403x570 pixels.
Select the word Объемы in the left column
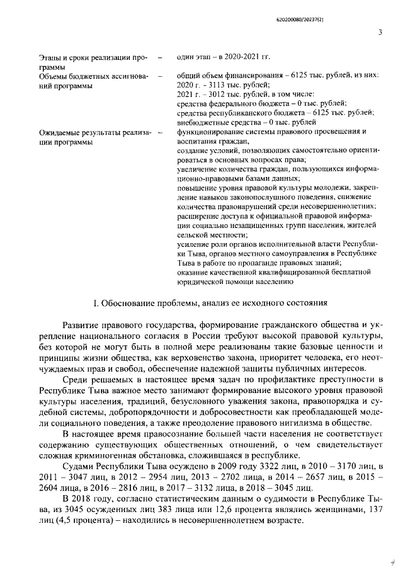54,76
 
